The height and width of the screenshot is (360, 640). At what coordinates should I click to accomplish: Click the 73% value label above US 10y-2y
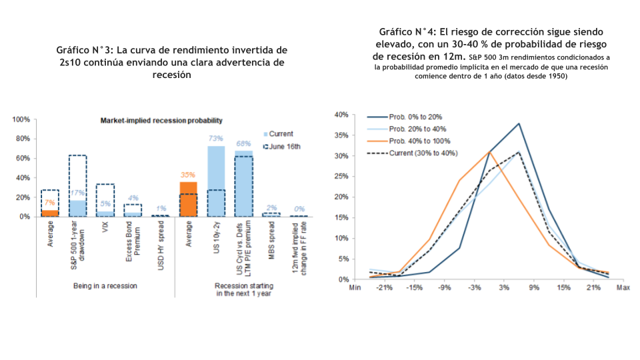point(215,139)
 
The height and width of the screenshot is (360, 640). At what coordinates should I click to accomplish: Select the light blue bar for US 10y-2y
point(216,181)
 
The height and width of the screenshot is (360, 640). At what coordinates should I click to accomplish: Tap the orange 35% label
point(188,175)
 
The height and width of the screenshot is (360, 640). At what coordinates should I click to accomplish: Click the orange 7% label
point(50,203)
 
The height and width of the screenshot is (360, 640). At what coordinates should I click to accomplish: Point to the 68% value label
point(243,144)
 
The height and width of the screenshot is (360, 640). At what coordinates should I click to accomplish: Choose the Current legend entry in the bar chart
point(278,134)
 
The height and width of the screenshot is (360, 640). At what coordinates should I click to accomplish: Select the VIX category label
point(105,227)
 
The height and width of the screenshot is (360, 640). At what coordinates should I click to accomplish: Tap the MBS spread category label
point(271,241)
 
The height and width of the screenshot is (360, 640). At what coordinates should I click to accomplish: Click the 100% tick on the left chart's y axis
point(21,119)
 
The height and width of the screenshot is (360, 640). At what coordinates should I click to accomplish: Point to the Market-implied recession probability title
point(161,121)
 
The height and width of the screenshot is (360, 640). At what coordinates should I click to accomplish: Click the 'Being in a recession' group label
point(105,286)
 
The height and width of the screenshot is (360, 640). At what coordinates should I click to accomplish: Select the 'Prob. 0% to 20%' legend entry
point(405,117)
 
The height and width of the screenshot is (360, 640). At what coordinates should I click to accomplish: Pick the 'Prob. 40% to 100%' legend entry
point(409,141)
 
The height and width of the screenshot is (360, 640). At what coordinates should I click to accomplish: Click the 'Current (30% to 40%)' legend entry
point(412,153)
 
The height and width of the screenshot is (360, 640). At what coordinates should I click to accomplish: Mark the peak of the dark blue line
point(519,123)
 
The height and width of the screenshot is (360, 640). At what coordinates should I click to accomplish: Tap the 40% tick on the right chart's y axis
point(341,115)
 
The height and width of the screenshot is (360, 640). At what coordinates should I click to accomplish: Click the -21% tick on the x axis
point(384,288)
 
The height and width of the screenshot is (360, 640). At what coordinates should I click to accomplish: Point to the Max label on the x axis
point(623,288)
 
